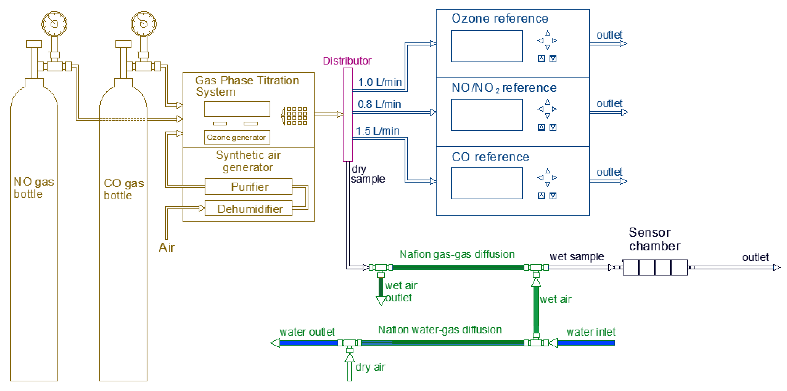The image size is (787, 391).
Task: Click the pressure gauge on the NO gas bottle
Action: pyautogui.click(x=54, y=24)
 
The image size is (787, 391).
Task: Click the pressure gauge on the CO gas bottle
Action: pyautogui.click(x=144, y=24)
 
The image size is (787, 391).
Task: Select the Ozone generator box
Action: pyautogui.click(x=237, y=137)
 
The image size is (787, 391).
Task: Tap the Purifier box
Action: pyautogui.click(x=248, y=187)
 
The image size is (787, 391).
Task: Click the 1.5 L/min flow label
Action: pyautogui.click(x=378, y=131)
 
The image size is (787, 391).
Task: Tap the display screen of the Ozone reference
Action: pyautogui.click(x=487, y=46)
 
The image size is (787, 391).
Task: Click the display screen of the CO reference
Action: pyautogui.click(x=487, y=183)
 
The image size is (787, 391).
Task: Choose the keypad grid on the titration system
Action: pyautogui.click(x=296, y=116)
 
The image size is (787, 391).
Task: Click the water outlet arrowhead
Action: pyautogui.click(x=276, y=343)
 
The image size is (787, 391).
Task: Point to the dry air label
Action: pyautogui.click(x=370, y=367)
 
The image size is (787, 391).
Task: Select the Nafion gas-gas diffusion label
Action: pyautogui.click(x=457, y=254)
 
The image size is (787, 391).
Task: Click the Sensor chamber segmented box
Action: pyautogui.click(x=655, y=267)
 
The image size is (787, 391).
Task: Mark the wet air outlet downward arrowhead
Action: pyautogui.click(x=381, y=301)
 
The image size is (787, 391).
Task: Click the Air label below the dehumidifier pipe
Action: pyautogui.click(x=167, y=248)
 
